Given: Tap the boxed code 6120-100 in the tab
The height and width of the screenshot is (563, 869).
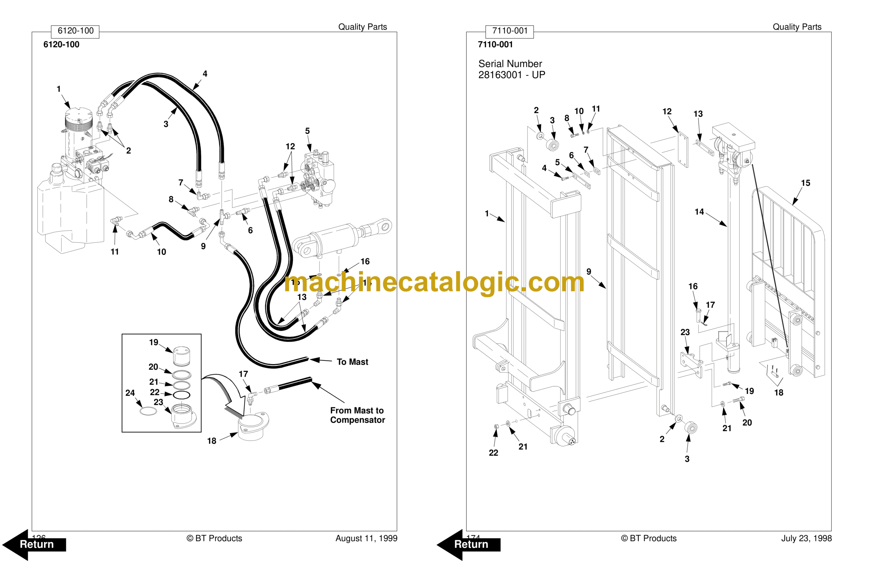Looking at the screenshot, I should click(75, 31).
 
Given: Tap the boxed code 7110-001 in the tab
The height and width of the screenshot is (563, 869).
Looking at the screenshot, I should click(510, 31).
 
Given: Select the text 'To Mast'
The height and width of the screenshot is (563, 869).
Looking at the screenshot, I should click(352, 362).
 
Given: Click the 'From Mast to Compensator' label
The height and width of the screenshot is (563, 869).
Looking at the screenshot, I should click(357, 415).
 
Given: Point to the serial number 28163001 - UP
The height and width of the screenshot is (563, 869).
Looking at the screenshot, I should click(512, 75).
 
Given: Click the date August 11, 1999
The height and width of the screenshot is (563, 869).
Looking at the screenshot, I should click(366, 538).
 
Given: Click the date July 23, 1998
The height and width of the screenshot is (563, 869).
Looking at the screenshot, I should click(806, 538).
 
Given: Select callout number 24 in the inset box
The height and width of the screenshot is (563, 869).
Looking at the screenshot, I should click(130, 393).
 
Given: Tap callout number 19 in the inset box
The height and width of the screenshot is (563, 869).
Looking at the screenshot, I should click(154, 342).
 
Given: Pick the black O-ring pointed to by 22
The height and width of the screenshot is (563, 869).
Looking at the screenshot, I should click(182, 395).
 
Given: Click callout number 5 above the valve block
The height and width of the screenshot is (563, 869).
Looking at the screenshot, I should click(308, 131).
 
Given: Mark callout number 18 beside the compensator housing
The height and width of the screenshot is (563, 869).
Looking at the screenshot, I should click(212, 441).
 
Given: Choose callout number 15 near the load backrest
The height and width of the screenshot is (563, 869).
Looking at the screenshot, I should click(806, 183).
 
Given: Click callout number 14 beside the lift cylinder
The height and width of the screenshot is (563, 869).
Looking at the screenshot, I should click(699, 212).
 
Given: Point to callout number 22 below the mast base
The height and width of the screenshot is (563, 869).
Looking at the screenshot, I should click(493, 453).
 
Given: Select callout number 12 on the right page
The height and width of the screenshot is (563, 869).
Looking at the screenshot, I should click(667, 112).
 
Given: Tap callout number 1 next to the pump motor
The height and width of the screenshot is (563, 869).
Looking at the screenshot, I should click(59, 89).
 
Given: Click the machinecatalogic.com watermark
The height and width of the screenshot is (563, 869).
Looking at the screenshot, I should click(434, 283).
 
